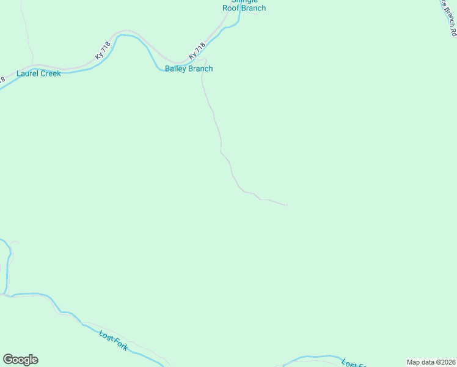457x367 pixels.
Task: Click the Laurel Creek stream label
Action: tap(38, 73)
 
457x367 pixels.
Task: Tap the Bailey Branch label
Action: tap(189, 69)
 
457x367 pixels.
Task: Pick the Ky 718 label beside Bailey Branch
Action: tap(197, 51)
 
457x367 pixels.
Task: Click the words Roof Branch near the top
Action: tap(244, 9)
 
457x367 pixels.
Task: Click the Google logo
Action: tap(20, 360)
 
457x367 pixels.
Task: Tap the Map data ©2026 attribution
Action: tap(431, 362)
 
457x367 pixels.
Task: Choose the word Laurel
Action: tap(27, 73)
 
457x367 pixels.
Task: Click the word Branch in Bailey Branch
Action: tap(201, 69)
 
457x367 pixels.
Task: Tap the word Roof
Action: tap(232, 9)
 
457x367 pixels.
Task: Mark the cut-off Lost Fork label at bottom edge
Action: tap(352, 363)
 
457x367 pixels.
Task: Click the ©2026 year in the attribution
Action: tap(442, 362)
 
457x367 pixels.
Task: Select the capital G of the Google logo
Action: tap(8, 360)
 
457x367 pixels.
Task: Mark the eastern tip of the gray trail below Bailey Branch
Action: tap(287, 205)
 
